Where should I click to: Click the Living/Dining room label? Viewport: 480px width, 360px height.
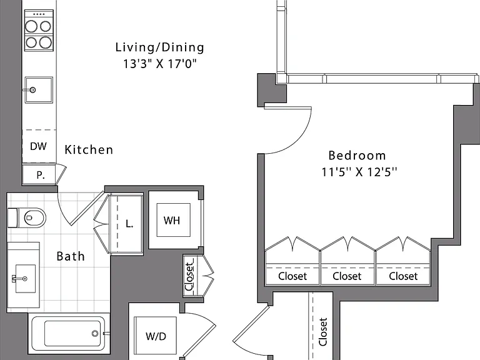point(159,47)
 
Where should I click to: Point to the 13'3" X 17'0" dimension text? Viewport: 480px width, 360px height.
point(159,64)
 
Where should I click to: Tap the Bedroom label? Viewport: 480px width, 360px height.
point(357,155)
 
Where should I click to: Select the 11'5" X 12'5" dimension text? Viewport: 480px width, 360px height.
point(359,172)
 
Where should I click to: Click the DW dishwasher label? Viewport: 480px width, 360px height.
point(38,146)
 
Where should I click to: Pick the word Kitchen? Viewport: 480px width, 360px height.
point(89,149)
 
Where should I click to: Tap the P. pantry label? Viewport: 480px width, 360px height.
point(41,175)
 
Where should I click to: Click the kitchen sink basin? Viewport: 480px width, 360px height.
point(39,90)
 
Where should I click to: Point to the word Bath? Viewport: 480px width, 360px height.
point(71,256)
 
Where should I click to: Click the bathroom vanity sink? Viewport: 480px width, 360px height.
point(25,278)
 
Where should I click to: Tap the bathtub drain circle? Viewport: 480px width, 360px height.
point(95,333)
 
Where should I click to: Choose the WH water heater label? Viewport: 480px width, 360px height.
point(171,221)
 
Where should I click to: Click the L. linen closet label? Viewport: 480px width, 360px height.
point(129,224)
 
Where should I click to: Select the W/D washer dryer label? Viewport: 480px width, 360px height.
point(156,336)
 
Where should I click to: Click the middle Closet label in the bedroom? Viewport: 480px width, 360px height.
point(347,276)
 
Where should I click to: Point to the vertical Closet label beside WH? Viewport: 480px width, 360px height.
point(189,276)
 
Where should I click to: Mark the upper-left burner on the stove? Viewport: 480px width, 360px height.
point(31,26)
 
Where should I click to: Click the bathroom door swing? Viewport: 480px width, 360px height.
point(62,212)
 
